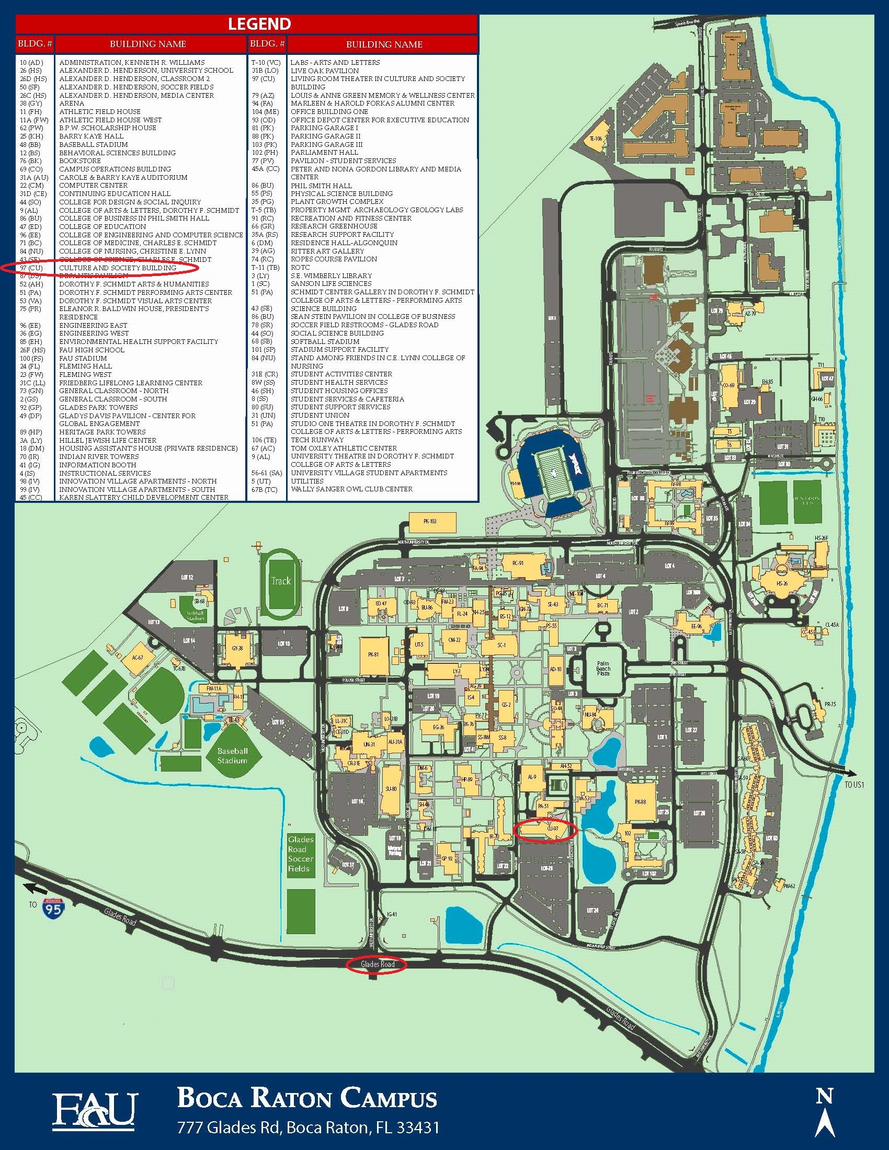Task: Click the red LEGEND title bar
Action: [x=246, y=24]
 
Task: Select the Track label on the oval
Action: [x=281, y=581]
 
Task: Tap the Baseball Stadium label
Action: [x=232, y=756]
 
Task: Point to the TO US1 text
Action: [x=854, y=785]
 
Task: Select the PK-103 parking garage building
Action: [x=430, y=521]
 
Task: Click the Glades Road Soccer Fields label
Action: [x=301, y=854]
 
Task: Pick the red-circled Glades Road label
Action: [x=378, y=964]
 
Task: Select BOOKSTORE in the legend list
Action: [x=79, y=160]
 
